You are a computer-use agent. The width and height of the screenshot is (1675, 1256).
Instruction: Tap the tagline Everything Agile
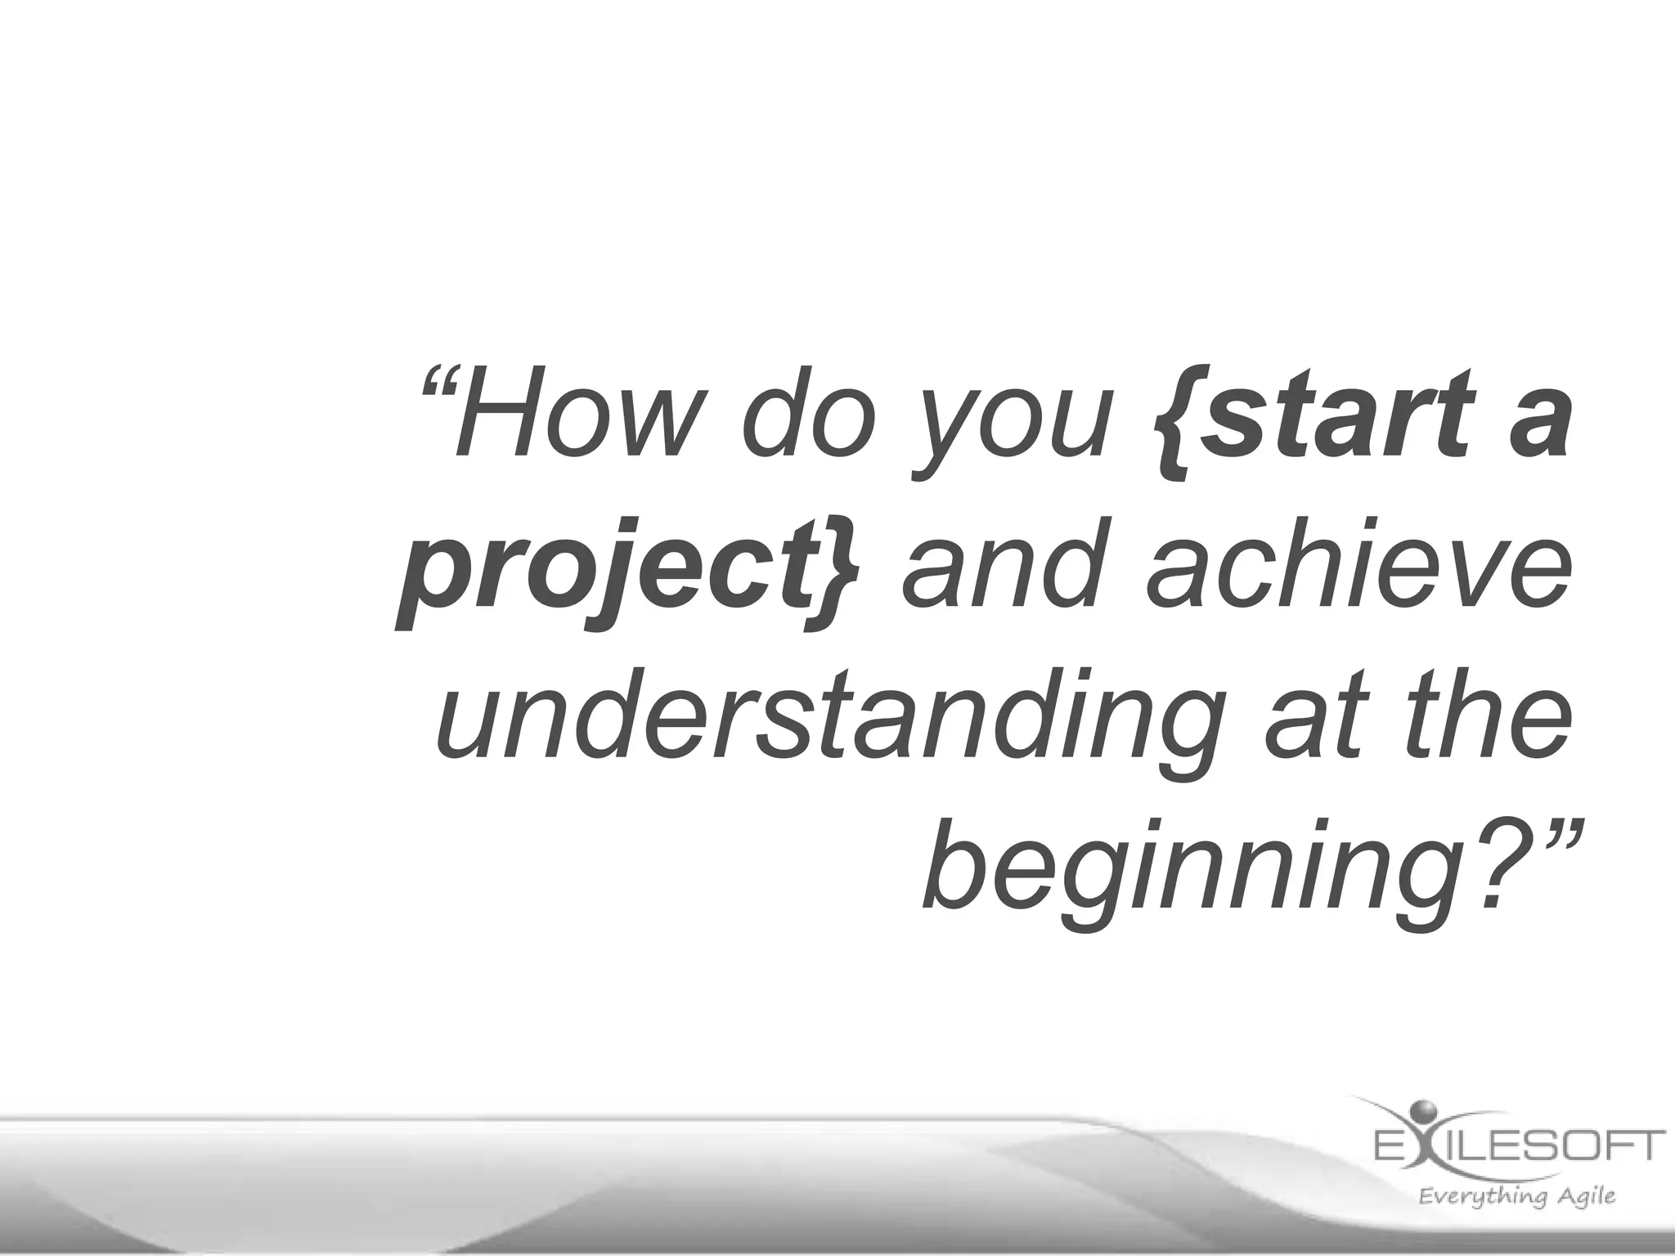point(1517,1196)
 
